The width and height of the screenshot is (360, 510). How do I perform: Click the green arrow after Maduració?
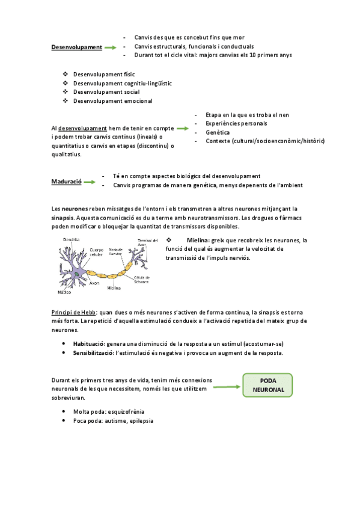coord(90,181)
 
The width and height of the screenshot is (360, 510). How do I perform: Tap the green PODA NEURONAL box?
coord(267,386)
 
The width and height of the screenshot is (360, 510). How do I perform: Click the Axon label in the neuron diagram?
coord(94,282)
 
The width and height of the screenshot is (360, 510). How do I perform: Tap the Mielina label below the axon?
coord(114,288)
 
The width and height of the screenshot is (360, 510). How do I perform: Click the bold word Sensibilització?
coord(93,352)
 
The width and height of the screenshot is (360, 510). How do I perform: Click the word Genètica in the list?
coord(218,132)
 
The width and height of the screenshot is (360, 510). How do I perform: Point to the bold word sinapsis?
coord(63,217)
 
